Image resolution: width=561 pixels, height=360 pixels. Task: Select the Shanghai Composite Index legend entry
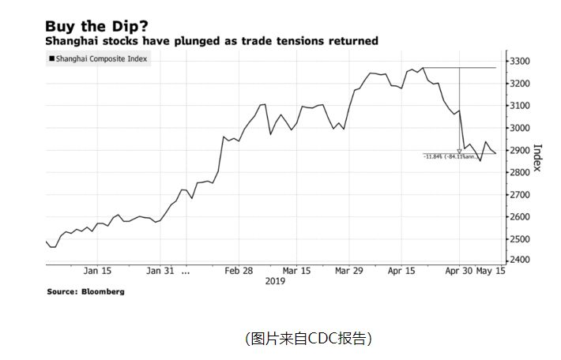(102, 58)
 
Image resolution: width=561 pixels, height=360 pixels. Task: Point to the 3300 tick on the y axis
(521, 62)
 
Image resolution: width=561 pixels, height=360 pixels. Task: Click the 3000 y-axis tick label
(521, 128)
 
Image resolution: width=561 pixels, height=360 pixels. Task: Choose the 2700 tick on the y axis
(521, 194)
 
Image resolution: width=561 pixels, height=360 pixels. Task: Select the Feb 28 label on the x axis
(239, 270)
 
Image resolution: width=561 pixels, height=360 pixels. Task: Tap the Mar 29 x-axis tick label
(348, 270)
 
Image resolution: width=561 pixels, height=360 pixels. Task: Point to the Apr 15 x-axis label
(402, 270)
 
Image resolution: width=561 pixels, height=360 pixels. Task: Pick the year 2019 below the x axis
(275, 280)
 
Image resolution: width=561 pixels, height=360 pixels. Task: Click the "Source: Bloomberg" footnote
(85, 291)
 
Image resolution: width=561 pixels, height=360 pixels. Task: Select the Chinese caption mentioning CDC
(308, 339)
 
